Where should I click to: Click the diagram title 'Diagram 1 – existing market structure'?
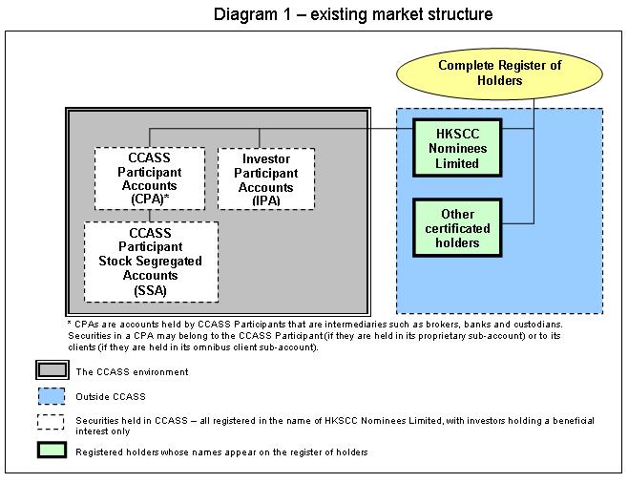(x=353, y=14)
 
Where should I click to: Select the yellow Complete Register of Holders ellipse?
(x=499, y=73)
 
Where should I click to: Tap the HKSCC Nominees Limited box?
(x=457, y=148)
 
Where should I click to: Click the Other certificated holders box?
(x=457, y=227)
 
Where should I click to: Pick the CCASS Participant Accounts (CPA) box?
(x=150, y=178)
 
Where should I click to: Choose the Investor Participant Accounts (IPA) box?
(x=266, y=179)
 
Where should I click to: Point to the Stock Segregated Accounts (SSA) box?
(x=152, y=262)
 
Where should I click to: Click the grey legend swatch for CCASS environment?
(x=52, y=369)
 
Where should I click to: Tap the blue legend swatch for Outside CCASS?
(x=52, y=396)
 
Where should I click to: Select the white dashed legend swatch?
(x=51, y=422)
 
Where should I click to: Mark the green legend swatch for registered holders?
(x=52, y=450)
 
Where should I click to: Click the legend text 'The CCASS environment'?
(x=132, y=372)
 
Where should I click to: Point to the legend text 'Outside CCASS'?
(x=111, y=397)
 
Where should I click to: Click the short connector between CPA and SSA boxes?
(x=150, y=216)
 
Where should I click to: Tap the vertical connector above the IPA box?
(x=260, y=138)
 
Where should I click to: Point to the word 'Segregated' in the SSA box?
(x=176, y=262)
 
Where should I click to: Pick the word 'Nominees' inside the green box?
(x=458, y=149)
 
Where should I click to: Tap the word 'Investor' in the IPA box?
(x=266, y=159)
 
